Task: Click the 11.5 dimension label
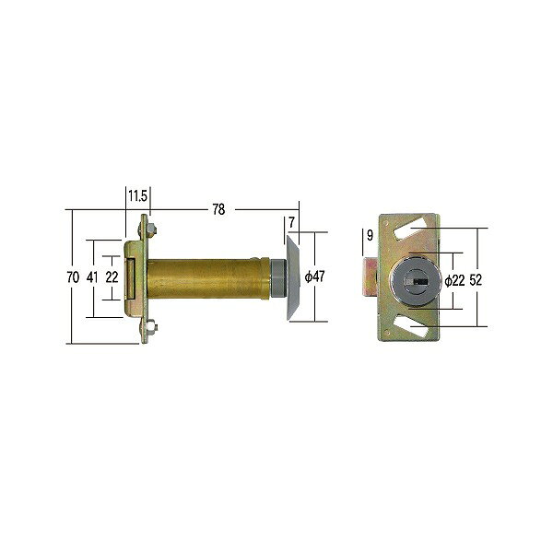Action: click(x=137, y=195)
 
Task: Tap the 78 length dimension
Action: click(x=218, y=209)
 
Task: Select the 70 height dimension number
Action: click(x=73, y=277)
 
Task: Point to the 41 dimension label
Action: click(x=92, y=277)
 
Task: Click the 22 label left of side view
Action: click(x=112, y=277)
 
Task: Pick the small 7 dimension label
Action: click(x=291, y=222)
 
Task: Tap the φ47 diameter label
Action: click(x=314, y=276)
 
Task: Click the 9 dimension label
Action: click(x=370, y=235)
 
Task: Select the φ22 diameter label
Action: click(x=454, y=281)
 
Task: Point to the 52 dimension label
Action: click(x=476, y=280)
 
